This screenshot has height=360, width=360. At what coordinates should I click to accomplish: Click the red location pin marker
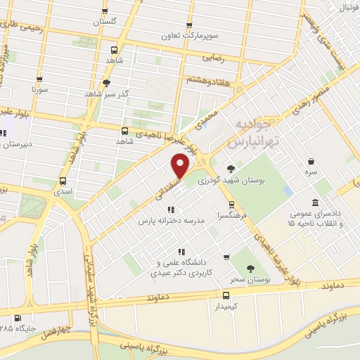tap(181, 167)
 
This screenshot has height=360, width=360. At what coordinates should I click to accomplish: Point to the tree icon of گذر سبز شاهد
tap(106, 83)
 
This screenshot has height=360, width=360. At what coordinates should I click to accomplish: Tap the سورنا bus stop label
tap(39, 91)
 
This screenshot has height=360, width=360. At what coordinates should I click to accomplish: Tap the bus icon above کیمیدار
tap(226, 295)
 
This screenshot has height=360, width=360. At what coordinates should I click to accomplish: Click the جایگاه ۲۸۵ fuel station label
tap(15, 328)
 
